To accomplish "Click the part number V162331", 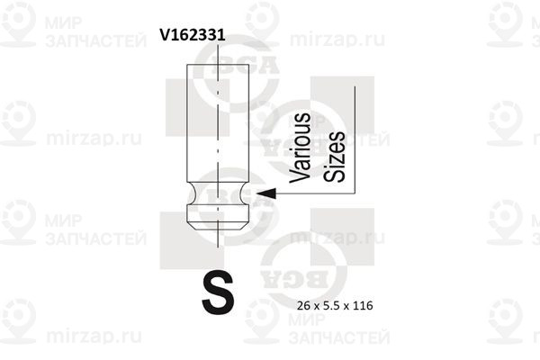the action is click(193, 35).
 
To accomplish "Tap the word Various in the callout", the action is click(300, 148).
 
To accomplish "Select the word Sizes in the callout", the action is click(334, 157).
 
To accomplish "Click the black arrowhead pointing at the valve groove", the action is click(266, 193).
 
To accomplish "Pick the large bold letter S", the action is click(218, 292).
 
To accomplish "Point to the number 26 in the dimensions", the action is click(303, 306).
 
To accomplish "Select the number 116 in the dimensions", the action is click(363, 306).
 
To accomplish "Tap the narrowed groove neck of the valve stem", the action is click(218, 193).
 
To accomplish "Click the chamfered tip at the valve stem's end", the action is click(218, 225).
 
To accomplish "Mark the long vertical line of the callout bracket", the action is click(355, 139).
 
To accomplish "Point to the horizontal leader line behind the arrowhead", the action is click(315, 193).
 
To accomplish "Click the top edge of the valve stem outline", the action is click(218, 65).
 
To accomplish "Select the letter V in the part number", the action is click(165, 35).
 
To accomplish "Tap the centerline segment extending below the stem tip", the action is click(218, 238).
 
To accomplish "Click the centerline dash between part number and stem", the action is click(218, 53).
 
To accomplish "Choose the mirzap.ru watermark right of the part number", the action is click(337, 39).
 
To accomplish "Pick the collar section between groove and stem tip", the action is click(218, 213).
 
